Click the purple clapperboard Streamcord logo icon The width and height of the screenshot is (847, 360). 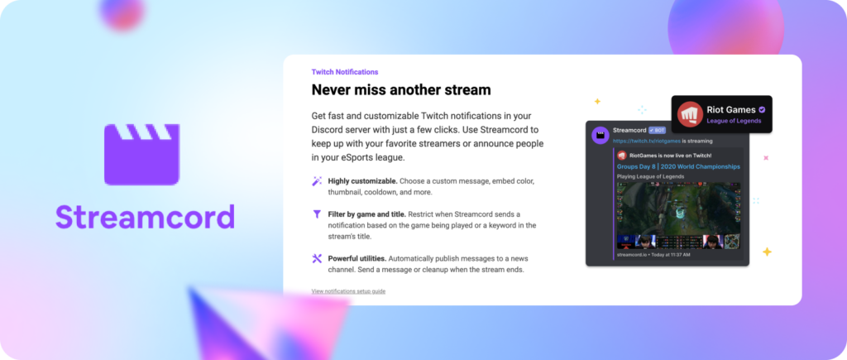coord(141,155)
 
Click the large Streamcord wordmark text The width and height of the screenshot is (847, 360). coord(145,216)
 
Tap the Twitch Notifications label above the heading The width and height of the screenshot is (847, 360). coord(344,72)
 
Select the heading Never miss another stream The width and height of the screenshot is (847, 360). coord(400,89)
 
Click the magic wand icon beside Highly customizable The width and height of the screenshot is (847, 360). coord(317,180)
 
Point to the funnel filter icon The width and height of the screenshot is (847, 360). coord(317,214)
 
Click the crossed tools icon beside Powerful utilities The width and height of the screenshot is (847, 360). coord(317,258)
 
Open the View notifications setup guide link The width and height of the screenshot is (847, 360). coord(348,291)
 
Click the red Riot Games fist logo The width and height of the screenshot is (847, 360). coord(690,114)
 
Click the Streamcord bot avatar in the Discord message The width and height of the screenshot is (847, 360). coord(600,136)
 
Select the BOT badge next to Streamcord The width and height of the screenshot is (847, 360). coord(658,131)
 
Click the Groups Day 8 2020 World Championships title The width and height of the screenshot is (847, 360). coord(678,166)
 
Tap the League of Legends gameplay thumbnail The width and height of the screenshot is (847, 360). coord(678,214)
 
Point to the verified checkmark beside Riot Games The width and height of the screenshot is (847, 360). coord(762,108)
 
